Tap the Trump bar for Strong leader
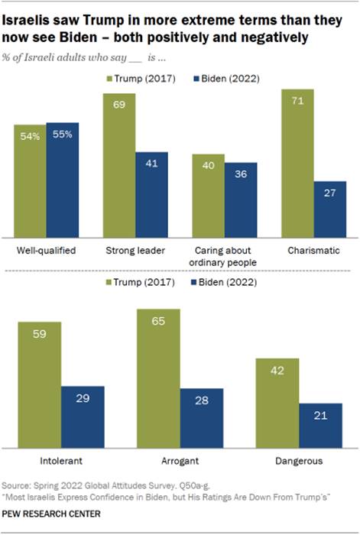click(119, 164)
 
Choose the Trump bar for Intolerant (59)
click(44, 384)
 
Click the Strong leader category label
click(135, 250)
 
